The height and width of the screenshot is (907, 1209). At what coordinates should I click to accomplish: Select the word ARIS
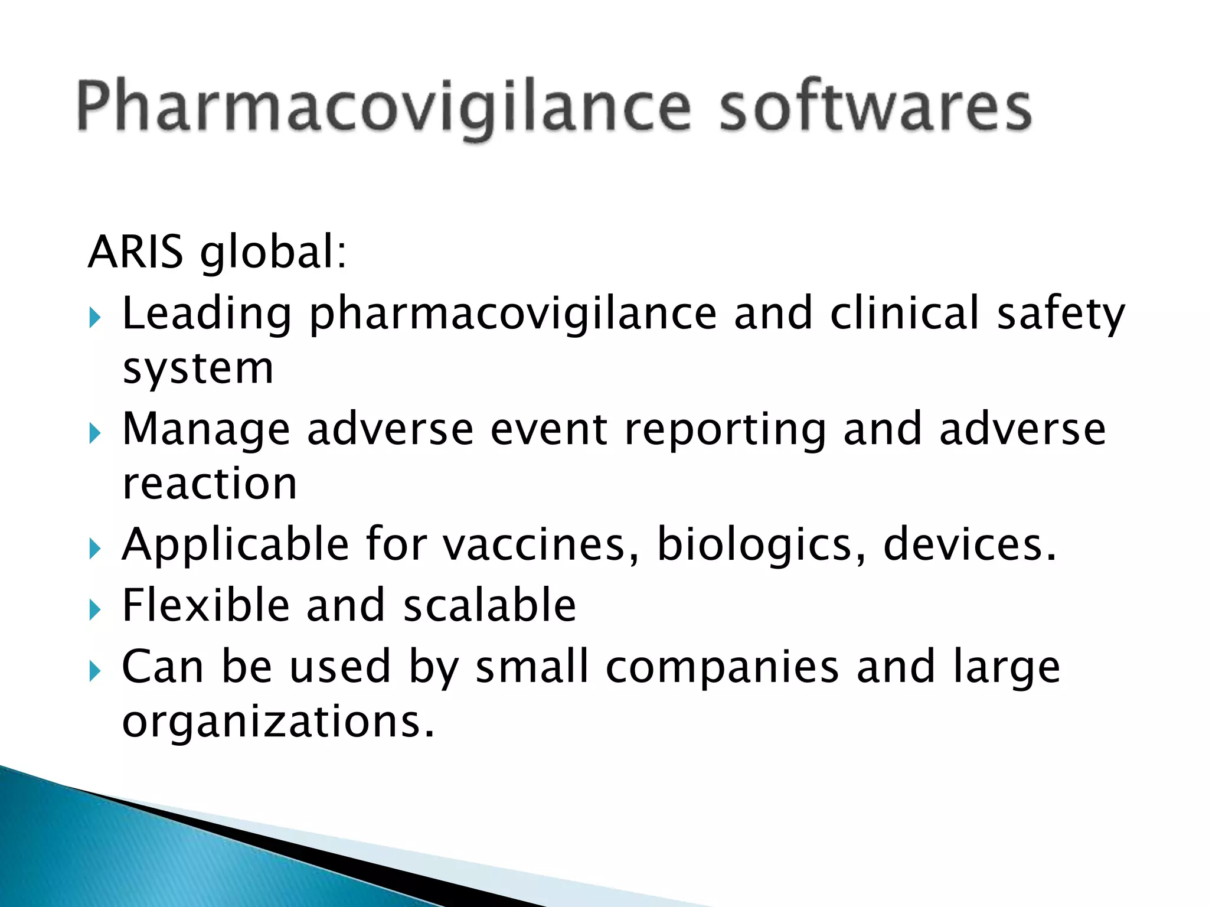pyautogui.click(x=135, y=252)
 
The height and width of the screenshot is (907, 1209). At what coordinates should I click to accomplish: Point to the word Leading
pyautogui.click(x=207, y=314)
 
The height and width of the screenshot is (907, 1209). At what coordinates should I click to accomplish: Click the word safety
pyautogui.click(x=1061, y=314)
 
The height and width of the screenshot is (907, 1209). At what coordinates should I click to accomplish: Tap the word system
pyautogui.click(x=198, y=369)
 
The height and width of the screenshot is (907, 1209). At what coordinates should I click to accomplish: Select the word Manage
pyautogui.click(x=206, y=430)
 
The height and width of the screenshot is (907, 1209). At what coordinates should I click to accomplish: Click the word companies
pyautogui.click(x=722, y=668)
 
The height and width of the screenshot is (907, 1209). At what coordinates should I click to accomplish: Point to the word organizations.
pyautogui.click(x=278, y=721)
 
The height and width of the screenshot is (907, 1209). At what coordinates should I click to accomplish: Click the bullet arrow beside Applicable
pyautogui.click(x=95, y=550)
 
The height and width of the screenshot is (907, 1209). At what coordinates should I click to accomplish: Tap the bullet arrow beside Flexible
pyautogui.click(x=95, y=610)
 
